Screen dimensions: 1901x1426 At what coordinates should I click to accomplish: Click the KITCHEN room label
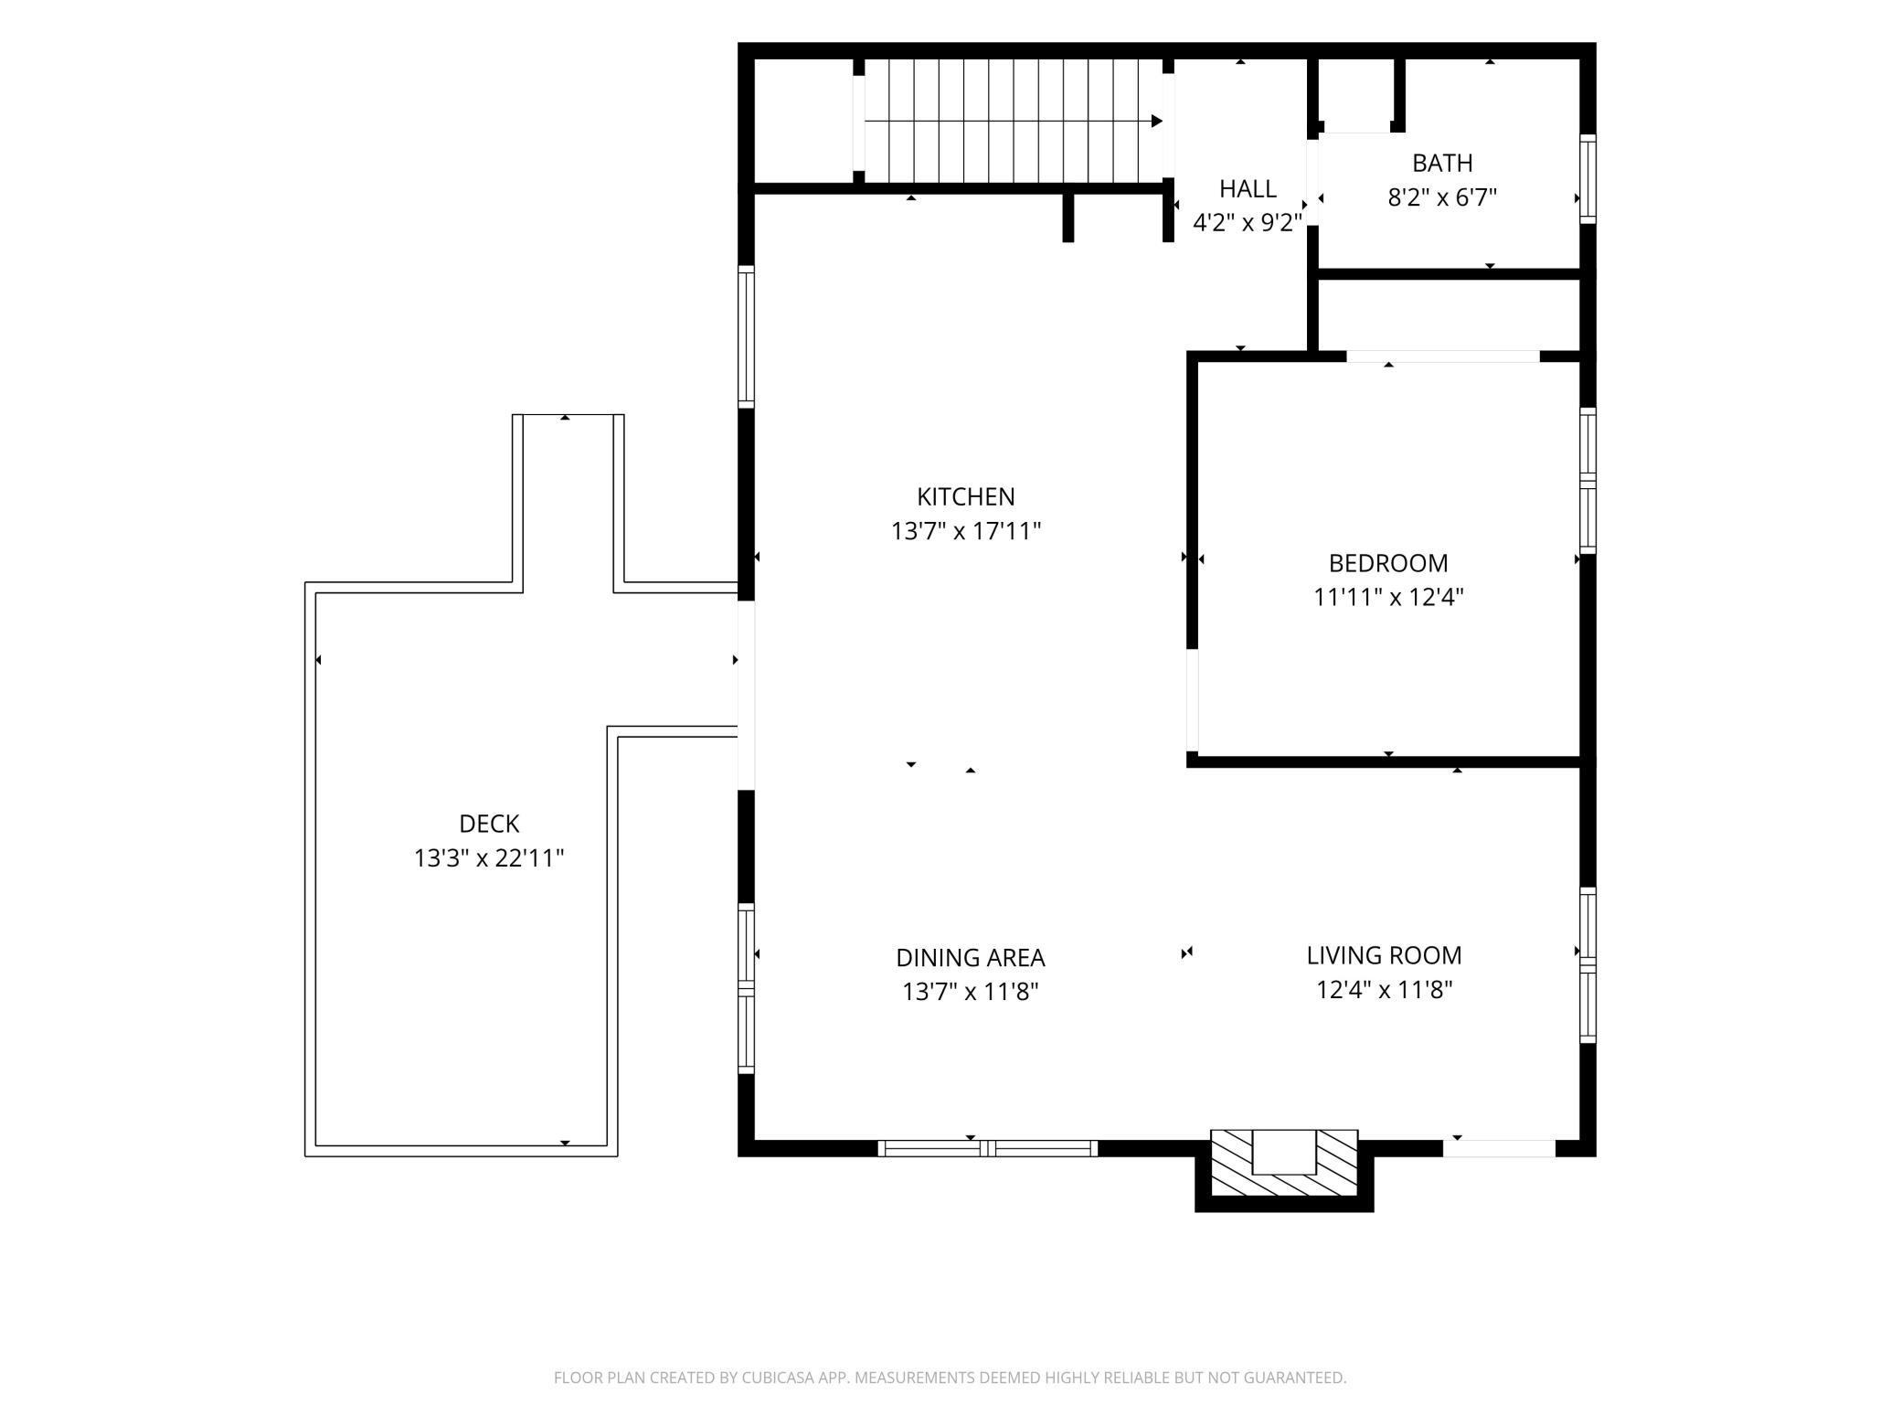966,496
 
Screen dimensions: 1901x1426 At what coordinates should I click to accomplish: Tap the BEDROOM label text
1388,563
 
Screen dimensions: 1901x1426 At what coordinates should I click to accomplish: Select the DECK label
489,824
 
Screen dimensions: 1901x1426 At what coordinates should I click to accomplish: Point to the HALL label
1248,188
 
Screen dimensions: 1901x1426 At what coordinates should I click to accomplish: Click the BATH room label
1442,163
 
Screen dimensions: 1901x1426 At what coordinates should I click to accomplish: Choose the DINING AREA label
970,957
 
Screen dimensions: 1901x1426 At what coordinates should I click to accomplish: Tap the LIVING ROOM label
1384,955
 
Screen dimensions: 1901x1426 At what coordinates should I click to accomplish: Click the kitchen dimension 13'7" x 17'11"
966,530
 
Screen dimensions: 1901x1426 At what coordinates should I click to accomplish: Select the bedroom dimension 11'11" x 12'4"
1388,597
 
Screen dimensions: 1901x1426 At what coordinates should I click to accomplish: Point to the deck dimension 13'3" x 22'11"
489,858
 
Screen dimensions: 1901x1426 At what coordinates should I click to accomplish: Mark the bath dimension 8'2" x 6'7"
1442,197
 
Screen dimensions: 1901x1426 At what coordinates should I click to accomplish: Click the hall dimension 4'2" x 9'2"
1248,223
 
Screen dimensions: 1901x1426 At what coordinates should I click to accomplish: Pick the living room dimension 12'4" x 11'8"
1384,990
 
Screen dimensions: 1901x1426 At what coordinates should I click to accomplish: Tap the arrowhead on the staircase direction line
1157,121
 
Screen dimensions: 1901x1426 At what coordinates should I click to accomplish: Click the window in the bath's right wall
1588,179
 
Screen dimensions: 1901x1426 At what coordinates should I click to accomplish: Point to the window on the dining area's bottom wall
988,1148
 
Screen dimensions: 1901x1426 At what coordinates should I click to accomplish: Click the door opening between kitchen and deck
746,695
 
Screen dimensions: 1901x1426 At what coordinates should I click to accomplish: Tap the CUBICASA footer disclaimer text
950,1378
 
